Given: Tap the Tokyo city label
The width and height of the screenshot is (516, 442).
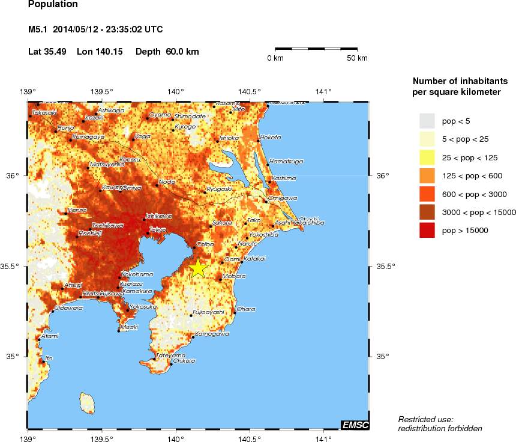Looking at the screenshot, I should click(x=158, y=229).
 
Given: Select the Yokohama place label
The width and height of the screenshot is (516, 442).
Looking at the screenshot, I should click(x=137, y=274).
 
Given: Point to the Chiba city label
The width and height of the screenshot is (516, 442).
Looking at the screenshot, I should click(x=205, y=244).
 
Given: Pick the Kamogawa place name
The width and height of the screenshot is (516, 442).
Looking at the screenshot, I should click(x=212, y=333).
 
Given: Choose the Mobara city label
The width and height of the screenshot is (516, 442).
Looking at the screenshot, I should click(x=234, y=276).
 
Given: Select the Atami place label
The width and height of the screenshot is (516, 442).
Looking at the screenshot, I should click(x=50, y=336).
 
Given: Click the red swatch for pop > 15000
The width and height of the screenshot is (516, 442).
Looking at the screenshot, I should click(x=427, y=230).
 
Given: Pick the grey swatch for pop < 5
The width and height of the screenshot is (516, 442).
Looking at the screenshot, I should click(x=427, y=121).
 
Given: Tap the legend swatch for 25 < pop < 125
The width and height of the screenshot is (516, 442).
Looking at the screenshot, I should click(x=427, y=157).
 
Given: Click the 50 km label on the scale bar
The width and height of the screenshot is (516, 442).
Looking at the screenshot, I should click(x=358, y=58).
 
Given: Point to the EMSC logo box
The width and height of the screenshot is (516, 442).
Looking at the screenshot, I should click(x=355, y=425).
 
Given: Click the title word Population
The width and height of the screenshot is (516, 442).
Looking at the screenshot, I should click(x=53, y=4).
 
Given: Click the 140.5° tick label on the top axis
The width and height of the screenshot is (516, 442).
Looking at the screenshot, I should click(x=249, y=92).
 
